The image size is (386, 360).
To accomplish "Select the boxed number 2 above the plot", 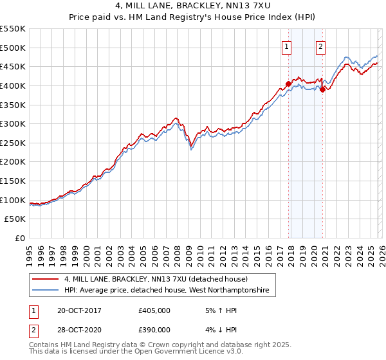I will click(x=320, y=46).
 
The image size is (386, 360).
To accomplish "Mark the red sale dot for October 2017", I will click(x=288, y=84).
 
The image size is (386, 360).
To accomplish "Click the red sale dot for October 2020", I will click(x=322, y=89).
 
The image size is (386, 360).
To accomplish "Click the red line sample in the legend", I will click(x=45, y=280).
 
